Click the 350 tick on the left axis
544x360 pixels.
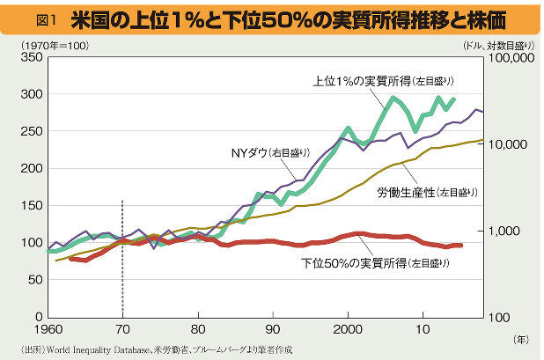pyautogui.click(x=31, y=58)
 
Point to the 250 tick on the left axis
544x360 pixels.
pyautogui.click(x=31, y=131)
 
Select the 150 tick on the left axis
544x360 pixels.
pyautogui.click(x=31, y=205)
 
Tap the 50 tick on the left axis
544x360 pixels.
pyautogui.click(x=33, y=279)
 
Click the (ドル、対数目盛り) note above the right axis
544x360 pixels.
pyautogui.click(x=496, y=43)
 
